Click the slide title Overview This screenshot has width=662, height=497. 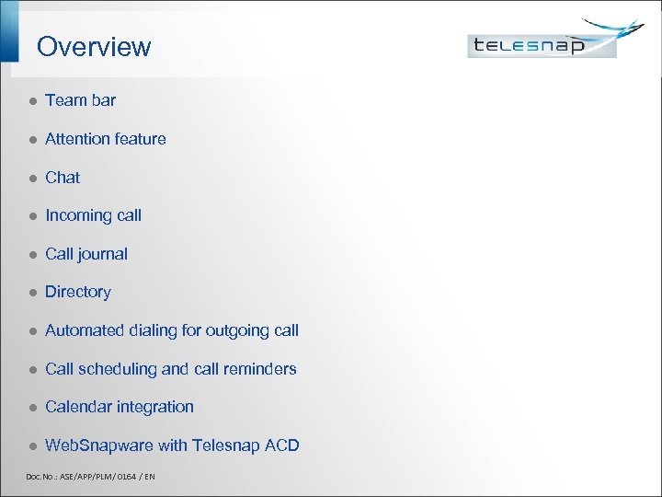(x=94, y=47)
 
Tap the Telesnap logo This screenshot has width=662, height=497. (x=542, y=43)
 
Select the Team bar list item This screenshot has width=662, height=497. (x=80, y=100)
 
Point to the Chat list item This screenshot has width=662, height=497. (x=63, y=178)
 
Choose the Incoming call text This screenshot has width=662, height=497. (x=93, y=215)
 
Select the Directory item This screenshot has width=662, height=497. (x=77, y=292)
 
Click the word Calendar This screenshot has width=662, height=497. (x=77, y=407)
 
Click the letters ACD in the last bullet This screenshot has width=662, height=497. (x=282, y=445)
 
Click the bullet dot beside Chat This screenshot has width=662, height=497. (x=30, y=178)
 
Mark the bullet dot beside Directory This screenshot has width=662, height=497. (x=30, y=293)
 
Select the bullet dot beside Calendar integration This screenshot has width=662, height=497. (x=30, y=408)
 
